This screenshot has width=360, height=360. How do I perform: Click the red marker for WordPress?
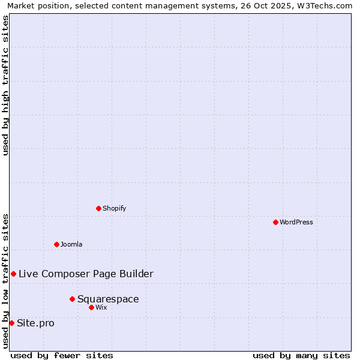[x=275, y=222]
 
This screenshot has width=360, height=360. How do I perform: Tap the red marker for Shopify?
[x=98, y=208]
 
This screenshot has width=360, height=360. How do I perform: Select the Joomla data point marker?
[x=56, y=244]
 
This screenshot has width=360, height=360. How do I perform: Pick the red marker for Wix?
[x=91, y=307]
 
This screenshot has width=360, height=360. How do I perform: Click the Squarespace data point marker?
[x=72, y=299]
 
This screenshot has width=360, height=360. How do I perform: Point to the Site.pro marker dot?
[x=11, y=323]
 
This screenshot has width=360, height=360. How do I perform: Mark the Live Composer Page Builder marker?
[x=13, y=274]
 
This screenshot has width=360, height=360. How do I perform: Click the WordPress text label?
[x=296, y=223]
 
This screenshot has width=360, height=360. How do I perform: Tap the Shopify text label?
[x=114, y=209]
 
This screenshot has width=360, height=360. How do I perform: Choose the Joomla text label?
[x=71, y=245]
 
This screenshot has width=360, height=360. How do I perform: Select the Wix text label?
[x=101, y=308]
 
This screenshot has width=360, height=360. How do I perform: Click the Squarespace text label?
[x=108, y=299]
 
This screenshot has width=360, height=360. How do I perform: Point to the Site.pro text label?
[x=35, y=323]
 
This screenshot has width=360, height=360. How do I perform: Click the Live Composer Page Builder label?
[x=86, y=274]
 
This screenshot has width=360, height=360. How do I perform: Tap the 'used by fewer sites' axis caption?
[x=62, y=355]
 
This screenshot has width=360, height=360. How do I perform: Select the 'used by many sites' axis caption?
[x=301, y=355]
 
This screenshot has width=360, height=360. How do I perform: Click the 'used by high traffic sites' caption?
[x=5, y=85]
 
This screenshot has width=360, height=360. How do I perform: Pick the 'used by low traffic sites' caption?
[x=5, y=281]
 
